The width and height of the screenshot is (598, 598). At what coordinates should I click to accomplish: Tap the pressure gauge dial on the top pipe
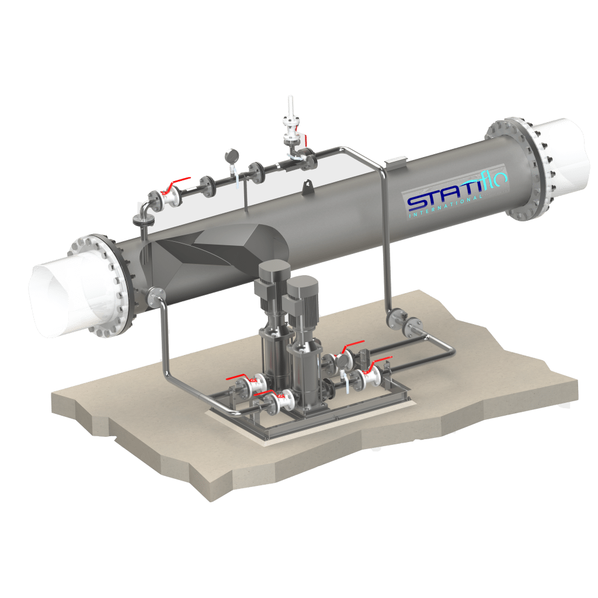(232, 155)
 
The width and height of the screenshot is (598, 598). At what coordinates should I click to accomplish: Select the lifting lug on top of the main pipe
(307, 187)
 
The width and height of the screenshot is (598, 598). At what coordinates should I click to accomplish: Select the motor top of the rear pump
(273, 270)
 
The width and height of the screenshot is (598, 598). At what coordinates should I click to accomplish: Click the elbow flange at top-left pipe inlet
(144, 219)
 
